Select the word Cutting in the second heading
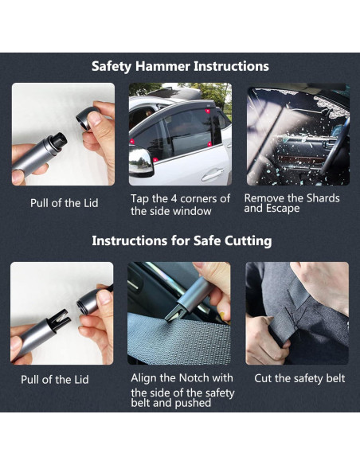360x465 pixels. pos(244,240)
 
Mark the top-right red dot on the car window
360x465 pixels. pos(209,113)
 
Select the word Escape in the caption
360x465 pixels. pos(284,209)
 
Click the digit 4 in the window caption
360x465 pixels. pos(180,198)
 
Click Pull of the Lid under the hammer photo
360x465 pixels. pos(64,203)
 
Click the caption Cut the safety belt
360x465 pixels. pos(299,378)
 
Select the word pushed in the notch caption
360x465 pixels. pos(194,404)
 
